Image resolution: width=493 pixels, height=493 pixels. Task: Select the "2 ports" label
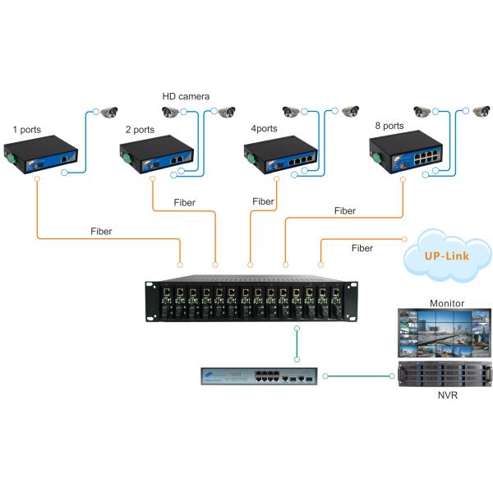(139, 130)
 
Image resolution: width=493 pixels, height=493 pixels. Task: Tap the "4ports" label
(265, 129)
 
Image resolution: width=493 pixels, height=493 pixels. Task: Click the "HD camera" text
(186, 96)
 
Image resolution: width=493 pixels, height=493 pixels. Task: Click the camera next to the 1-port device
(108, 113)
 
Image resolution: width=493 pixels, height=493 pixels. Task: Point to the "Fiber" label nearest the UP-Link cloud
(362, 247)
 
